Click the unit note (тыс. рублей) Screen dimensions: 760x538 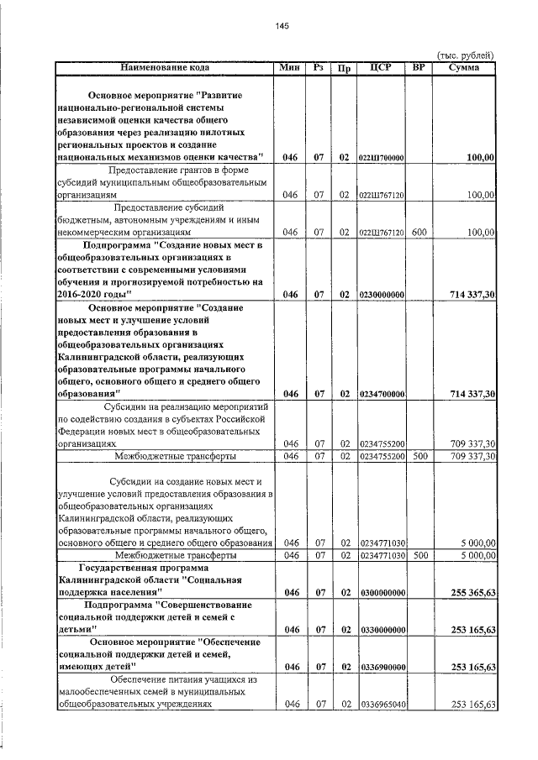[463, 55]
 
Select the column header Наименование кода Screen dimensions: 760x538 [165, 67]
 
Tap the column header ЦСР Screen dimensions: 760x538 [382, 67]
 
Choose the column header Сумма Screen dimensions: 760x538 [464, 67]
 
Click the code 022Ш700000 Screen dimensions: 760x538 [382, 158]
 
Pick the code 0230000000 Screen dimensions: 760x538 [382, 295]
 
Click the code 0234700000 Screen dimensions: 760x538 [382, 393]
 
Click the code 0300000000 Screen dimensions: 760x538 [382, 593]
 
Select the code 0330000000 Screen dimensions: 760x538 [382, 629]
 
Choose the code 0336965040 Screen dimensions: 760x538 [382, 705]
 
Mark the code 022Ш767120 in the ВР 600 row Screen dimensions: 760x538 [382, 231]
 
